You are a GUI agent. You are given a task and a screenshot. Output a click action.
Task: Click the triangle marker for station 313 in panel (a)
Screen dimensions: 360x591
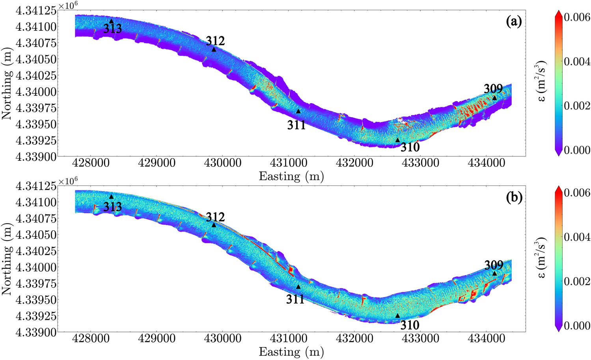click(x=111, y=21)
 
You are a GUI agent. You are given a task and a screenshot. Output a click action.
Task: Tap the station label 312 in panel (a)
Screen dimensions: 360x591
click(x=215, y=41)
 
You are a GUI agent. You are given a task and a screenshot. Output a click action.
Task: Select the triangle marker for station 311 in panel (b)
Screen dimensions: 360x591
click(x=298, y=287)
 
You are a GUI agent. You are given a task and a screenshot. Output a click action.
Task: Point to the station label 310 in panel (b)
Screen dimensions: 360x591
click(x=410, y=325)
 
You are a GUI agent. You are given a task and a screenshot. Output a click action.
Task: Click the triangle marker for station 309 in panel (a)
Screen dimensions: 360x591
click(x=494, y=98)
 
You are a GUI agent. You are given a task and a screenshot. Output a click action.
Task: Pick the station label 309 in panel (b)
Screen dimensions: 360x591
click(x=494, y=265)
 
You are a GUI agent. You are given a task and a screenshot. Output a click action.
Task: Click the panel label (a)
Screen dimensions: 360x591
click(x=514, y=22)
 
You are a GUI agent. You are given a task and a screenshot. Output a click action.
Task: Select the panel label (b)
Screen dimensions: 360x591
click(x=514, y=198)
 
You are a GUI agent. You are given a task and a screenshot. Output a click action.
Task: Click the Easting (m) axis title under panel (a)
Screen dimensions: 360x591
click(x=291, y=176)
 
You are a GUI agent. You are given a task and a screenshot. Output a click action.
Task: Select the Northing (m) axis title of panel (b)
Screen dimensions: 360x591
click(x=7, y=263)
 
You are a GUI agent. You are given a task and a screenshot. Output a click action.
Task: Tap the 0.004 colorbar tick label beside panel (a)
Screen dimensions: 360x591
click(x=577, y=62)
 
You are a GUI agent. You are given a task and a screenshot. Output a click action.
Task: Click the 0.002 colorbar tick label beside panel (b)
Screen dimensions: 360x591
click(x=577, y=282)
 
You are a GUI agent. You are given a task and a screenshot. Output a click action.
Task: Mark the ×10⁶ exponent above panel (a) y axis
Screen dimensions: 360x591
click(x=67, y=6)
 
